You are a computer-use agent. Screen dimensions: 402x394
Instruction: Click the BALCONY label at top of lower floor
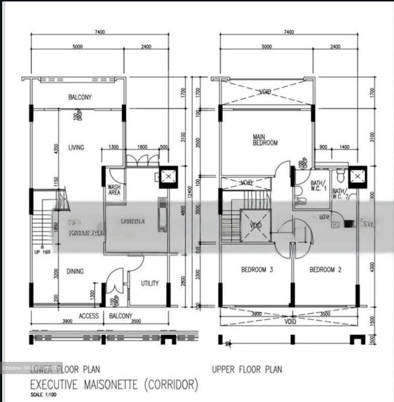click(80, 97)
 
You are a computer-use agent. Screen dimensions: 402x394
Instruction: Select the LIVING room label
click(76, 147)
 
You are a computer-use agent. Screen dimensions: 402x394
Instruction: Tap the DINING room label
click(75, 271)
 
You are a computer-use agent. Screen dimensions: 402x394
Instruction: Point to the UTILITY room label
click(150, 283)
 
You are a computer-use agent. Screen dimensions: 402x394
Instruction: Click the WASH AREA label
click(114, 190)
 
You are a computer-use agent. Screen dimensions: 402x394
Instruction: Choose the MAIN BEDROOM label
click(265, 140)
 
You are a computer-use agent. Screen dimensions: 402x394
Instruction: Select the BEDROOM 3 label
click(257, 270)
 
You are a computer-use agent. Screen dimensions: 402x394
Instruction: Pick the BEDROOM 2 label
click(325, 270)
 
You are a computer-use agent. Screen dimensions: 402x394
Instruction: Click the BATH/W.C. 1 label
click(318, 186)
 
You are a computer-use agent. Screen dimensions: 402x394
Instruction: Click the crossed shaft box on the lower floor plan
click(168, 177)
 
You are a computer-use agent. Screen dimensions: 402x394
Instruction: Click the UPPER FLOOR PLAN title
click(247, 370)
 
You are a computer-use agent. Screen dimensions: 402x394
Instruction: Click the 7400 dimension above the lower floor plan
click(100, 32)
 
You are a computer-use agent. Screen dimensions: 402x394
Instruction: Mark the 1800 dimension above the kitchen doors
click(142, 147)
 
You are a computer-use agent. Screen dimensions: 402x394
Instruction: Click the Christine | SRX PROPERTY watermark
click(31, 368)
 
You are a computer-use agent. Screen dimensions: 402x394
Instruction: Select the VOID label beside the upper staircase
click(255, 225)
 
